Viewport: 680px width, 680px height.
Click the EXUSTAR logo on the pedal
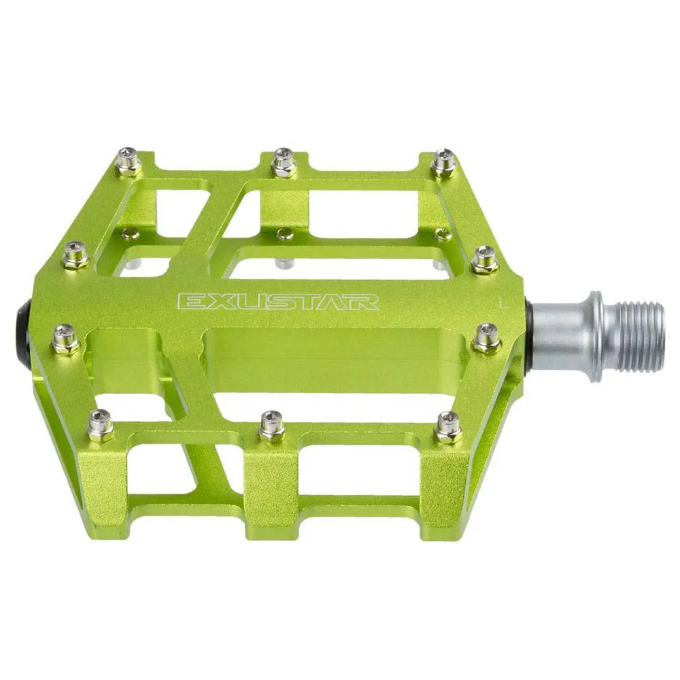pyautogui.click(x=277, y=301)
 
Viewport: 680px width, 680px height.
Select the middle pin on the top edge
pyautogui.click(x=283, y=163)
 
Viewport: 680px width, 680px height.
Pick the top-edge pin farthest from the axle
pyautogui.click(x=129, y=161)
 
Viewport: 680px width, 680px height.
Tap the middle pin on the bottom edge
pyautogui.click(x=272, y=426)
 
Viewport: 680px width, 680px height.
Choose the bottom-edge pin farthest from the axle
pyautogui.click(x=101, y=426)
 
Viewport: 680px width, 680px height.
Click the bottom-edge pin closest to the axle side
pyautogui.click(x=448, y=426)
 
